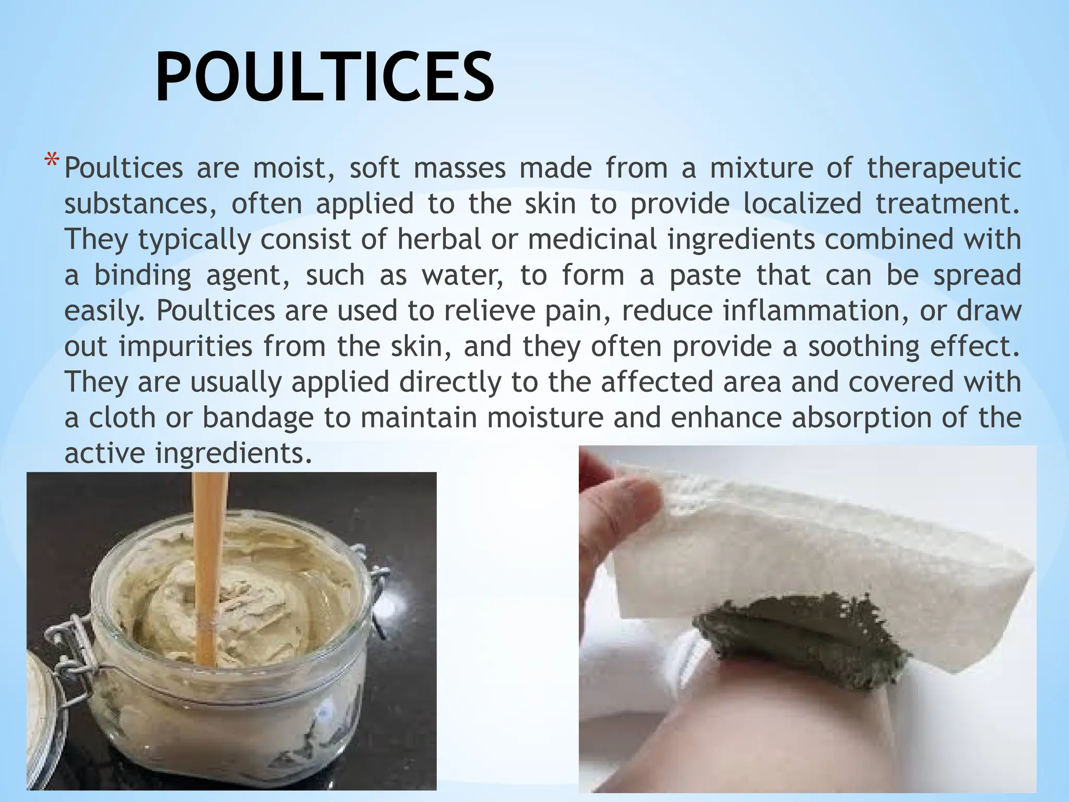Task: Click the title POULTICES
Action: pos(324,77)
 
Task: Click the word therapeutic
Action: pos(944,169)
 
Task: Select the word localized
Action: pos(802,204)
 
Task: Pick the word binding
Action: pos(142,276)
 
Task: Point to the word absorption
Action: pos(861,418)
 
